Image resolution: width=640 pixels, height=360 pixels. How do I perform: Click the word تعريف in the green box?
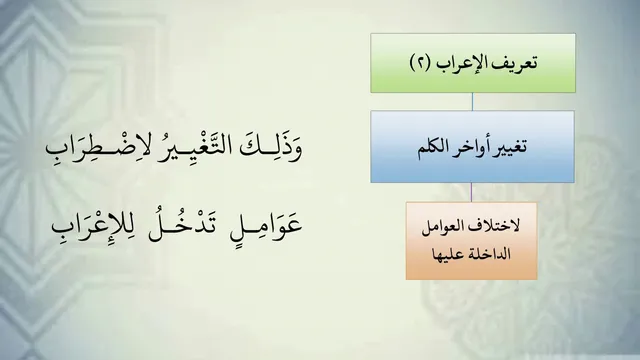point(514,63)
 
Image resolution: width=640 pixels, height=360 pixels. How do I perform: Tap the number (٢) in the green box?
point(420,63)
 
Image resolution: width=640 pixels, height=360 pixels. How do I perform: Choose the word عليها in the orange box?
point(448,254)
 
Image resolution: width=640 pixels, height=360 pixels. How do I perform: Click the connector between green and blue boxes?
point(473,102)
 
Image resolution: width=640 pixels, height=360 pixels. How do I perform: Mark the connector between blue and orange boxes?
point(471,192)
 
